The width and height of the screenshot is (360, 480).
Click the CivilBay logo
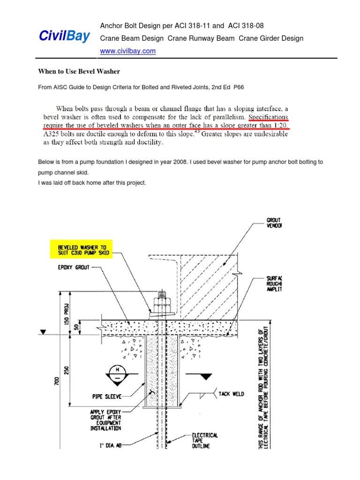64,37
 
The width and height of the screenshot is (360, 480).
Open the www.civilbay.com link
128,51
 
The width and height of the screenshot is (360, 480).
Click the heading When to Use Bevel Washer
79,72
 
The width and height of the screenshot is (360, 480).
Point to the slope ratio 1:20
278,125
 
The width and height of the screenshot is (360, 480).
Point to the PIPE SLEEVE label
106,397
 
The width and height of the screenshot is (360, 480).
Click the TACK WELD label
231,394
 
